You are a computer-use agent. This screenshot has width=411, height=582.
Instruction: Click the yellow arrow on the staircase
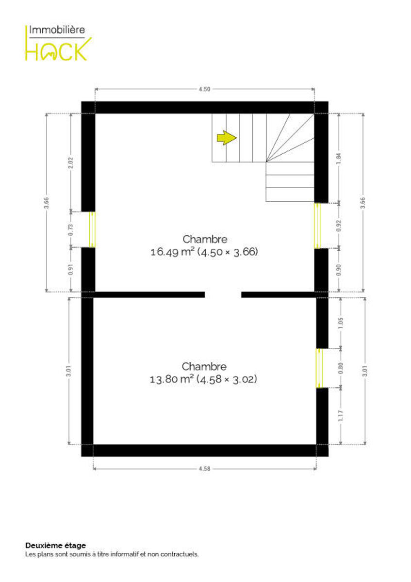[x=227, y=138]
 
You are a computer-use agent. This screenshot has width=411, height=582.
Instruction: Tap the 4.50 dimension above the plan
[x=204, y=89]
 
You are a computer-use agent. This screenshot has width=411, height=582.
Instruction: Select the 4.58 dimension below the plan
[x=204, y=469]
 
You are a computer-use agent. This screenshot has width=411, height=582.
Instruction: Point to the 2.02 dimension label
[x=71, y=162]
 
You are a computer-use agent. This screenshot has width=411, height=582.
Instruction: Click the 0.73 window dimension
[x=71, y=230]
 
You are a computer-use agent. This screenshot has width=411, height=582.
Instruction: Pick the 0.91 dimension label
[x=71, y=270]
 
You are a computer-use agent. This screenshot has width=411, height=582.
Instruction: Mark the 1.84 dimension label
[x=339, y=159]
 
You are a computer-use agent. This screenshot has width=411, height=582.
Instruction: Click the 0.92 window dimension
[x=339, y=226]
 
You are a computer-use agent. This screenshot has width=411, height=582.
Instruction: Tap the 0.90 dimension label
[x=339, y=270]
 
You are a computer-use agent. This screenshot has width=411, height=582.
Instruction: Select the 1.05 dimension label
[x=341, y=323]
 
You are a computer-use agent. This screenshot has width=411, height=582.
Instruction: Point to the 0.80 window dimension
[x=341, y=368]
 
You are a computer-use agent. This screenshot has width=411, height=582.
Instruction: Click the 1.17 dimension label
[x=341, y=416]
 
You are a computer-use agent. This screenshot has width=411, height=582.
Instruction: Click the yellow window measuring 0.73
[x=92, y=230]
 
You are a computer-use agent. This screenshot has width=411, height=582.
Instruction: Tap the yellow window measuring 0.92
[x=317, y=226]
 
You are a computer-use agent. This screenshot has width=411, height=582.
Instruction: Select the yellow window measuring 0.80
[x=319, y=368]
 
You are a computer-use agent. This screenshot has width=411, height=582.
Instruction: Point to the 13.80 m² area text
[x=172, y=379]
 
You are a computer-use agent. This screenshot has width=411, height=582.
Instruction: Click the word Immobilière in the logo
[x=57, y=30]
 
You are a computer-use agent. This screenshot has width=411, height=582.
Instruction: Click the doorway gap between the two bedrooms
[x=223, y=295]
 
